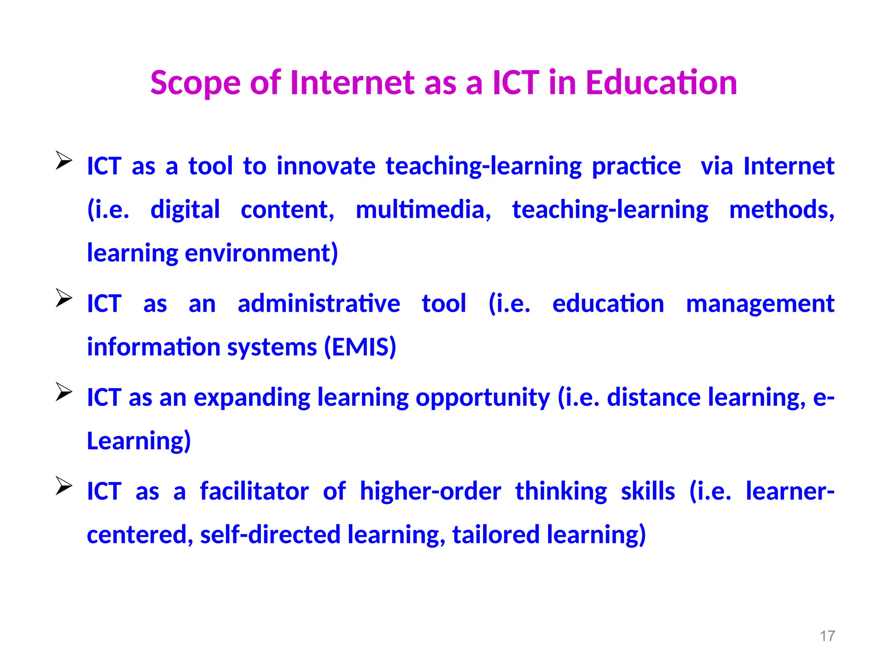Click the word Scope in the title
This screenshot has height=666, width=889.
pyautogui.click(x=195, y=83)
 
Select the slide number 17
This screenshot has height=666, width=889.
pyautogui.click(x=827, y=636)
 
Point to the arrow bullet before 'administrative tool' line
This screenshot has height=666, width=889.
pyautogui.click(x=64, y=298)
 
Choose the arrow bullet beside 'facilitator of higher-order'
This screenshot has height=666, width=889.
pyautogui.click(x=64, y=485)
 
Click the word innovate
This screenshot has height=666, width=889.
pyautogui.click(x=326, y=166)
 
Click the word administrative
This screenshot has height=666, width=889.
pyautogui.click(x=319, y=304)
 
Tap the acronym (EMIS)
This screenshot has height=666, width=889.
pyautogui.click(x=360, y=347)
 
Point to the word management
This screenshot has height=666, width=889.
pyautogui.click(x=760, y=304)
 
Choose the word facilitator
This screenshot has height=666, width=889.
pyautogui.click(x=254, y=491)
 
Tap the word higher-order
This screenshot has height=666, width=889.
pyautogui.click(x=431, y=491)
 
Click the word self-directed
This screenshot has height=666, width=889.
pyautogui.click(x=270, y=535)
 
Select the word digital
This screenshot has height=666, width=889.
pyautogui.click(x=185, y=210)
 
